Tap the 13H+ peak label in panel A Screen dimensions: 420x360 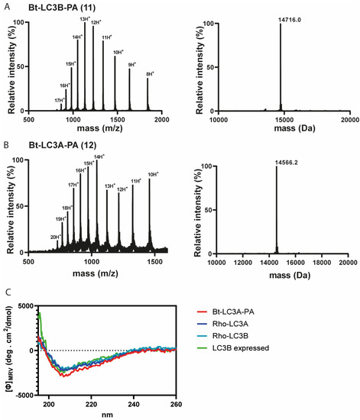(x=84, y=19)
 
